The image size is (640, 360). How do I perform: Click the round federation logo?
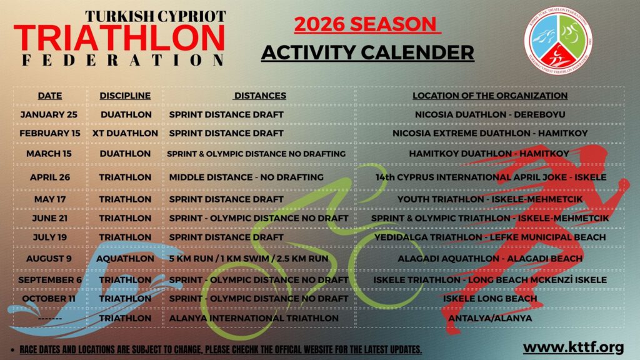point(558,41)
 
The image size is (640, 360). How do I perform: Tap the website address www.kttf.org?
point(574,347)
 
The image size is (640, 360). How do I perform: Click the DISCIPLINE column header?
point(125,96)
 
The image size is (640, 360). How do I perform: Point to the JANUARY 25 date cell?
point(49,115)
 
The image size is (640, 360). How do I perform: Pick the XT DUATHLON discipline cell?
point(125,134)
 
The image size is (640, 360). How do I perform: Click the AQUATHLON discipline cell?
point(125,259)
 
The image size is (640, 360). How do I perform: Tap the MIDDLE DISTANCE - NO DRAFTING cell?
point(246,177)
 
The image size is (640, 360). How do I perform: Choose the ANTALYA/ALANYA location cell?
point(490,318)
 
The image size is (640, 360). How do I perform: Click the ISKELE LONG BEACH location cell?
point(490,299)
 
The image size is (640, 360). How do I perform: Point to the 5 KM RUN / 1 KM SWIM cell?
point(249,259)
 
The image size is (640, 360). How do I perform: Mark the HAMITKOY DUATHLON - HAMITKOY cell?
point(489,154)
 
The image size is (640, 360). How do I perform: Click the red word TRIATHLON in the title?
point(119,38)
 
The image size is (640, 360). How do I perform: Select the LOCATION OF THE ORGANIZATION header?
point(490,96)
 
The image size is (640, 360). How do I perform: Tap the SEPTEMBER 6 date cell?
point(50,280)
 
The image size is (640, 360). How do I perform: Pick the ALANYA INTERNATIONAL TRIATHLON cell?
point(254,318)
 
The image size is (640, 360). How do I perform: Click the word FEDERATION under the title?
point(123,60)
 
